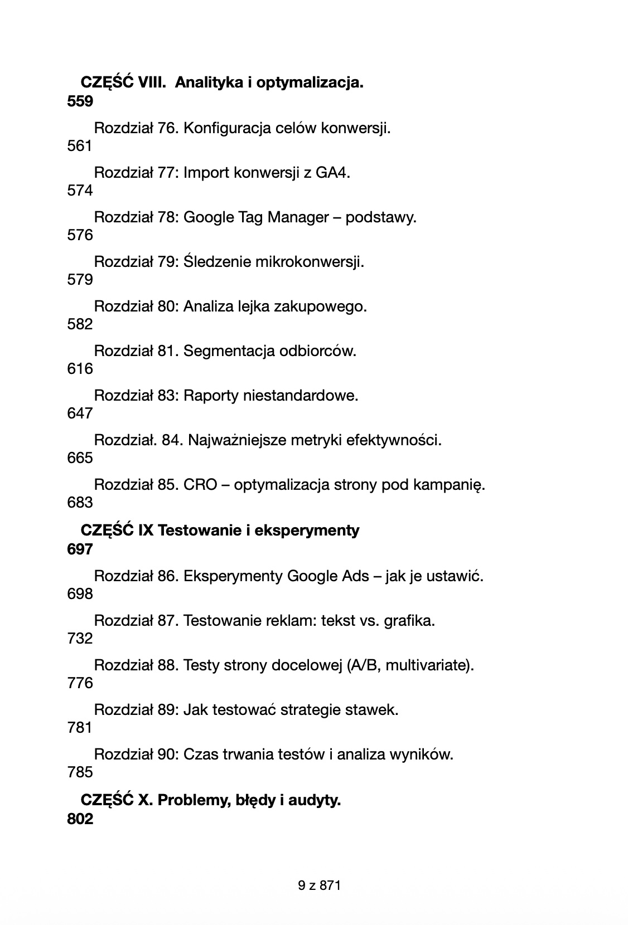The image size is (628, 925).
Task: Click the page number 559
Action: (80, 101)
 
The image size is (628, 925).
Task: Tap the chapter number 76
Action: (167, 128)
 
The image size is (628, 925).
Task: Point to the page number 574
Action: (80, 191)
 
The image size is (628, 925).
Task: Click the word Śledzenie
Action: (217, 262)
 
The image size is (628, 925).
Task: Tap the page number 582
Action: (80, 324)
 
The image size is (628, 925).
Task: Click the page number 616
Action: (80, 369)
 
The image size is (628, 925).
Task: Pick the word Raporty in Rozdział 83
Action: (209, 396)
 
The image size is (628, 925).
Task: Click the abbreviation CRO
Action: (200, 485)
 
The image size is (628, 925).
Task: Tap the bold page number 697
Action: (80, 549)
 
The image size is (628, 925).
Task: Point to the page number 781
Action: (80, 728)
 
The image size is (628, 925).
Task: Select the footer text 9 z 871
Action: (319, 885)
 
